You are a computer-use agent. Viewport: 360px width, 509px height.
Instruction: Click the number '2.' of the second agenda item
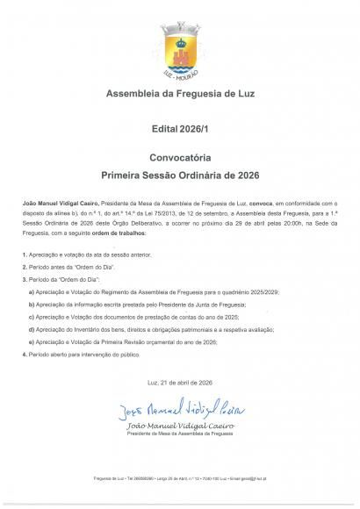point(24,264)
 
